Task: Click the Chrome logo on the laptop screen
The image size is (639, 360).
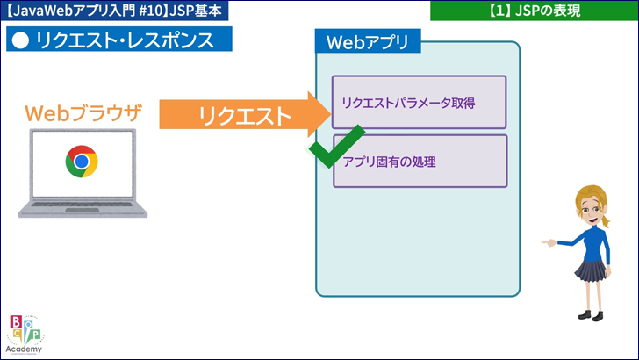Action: [81, 162]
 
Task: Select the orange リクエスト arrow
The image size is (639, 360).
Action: [237, 114]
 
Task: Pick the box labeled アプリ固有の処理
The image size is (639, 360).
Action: [420, 161]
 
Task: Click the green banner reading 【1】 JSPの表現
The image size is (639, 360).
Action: [534, 11]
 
